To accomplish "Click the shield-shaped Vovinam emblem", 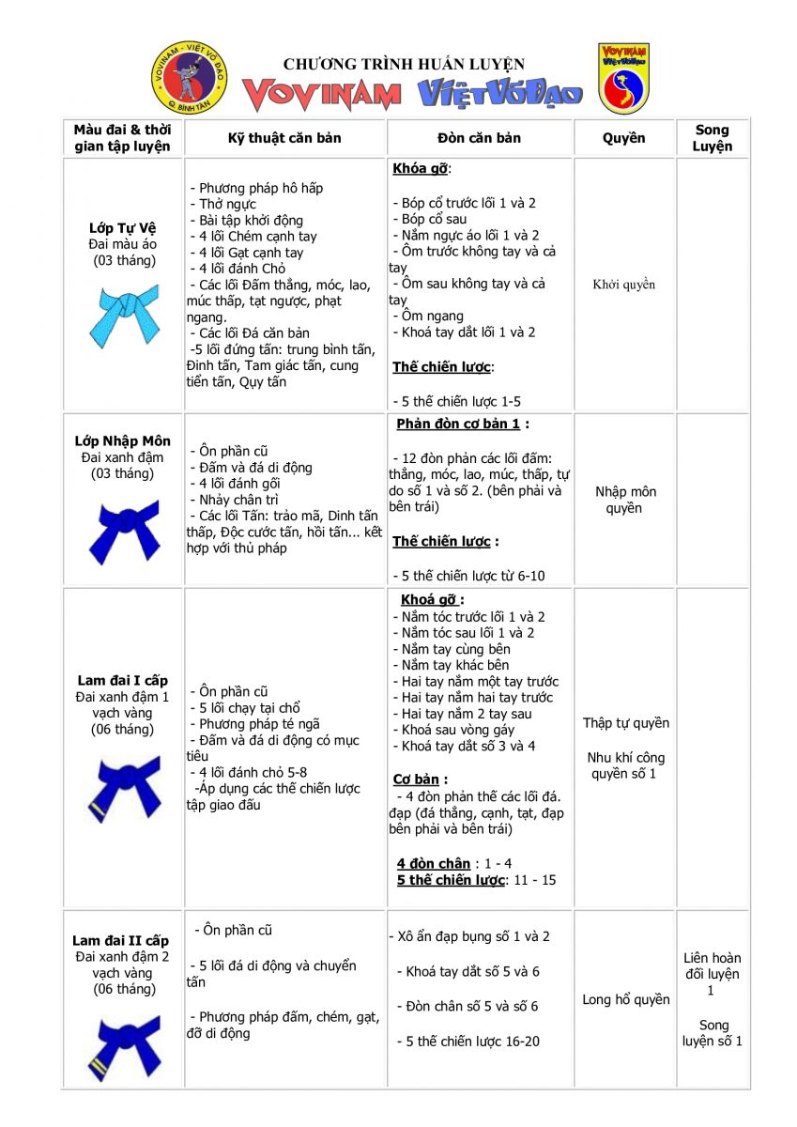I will [624, 78].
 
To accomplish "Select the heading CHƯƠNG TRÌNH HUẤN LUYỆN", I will [404, 64].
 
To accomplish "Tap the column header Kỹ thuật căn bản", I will [284, 138].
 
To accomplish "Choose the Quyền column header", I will [623, 138].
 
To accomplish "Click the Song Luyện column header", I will [712, 138].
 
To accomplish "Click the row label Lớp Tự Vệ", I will [123, 228].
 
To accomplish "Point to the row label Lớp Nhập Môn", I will [123, 440].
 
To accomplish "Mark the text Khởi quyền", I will [623, 285].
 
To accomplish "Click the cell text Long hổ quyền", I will [625, 999].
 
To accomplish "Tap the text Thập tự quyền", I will [625, 723].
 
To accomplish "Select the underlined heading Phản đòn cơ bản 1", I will [458, 424].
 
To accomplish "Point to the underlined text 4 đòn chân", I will [434, 863].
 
